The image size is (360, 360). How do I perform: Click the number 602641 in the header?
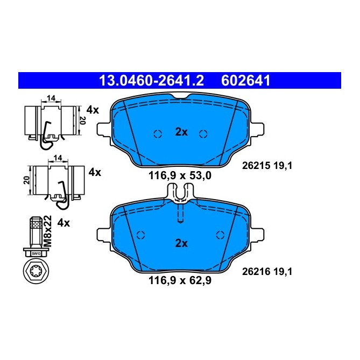click(x=245, y=81)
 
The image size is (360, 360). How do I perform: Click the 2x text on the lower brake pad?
click(x=181, y=243)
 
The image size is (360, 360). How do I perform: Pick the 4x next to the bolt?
click(x=63, y=222)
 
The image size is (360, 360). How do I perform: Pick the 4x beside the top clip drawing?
click(x=93, y=110)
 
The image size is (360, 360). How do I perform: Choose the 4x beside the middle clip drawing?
click(x=95, y=172)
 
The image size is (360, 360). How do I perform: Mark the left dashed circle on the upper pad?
click(x=158, y=134)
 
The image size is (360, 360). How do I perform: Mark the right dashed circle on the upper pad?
click(x=203, y=134)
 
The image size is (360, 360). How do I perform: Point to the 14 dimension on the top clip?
click(x=51, y=98)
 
